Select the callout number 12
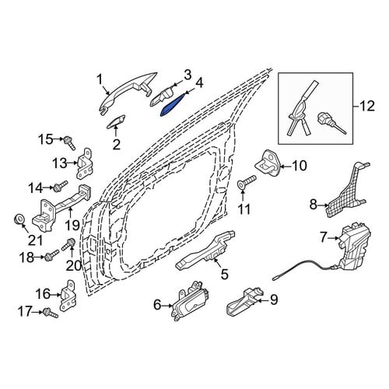(367, 106)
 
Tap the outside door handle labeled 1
(127, 92)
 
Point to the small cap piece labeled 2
(116, 121)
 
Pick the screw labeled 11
(247, 181)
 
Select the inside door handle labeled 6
(190, 300)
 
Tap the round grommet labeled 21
(19, 219)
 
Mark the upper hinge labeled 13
(84, 163)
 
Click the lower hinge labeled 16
(69, 296)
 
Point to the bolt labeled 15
(69, 142)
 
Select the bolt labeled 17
(51, 312)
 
